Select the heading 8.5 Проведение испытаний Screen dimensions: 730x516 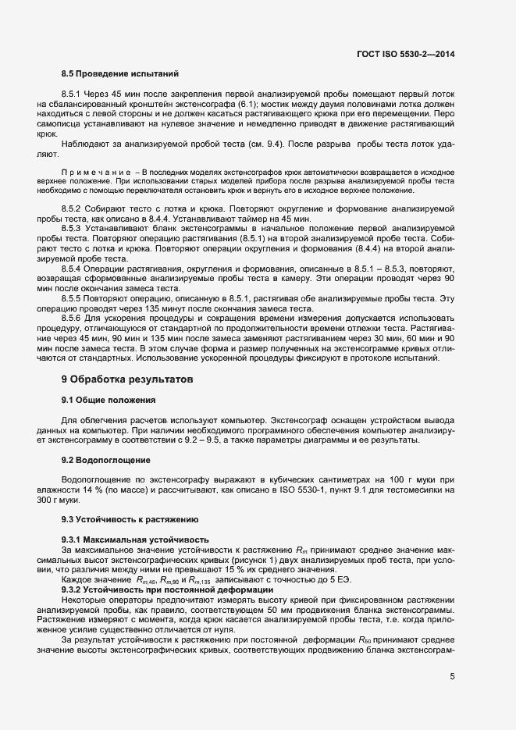click(x=111, y=73)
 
